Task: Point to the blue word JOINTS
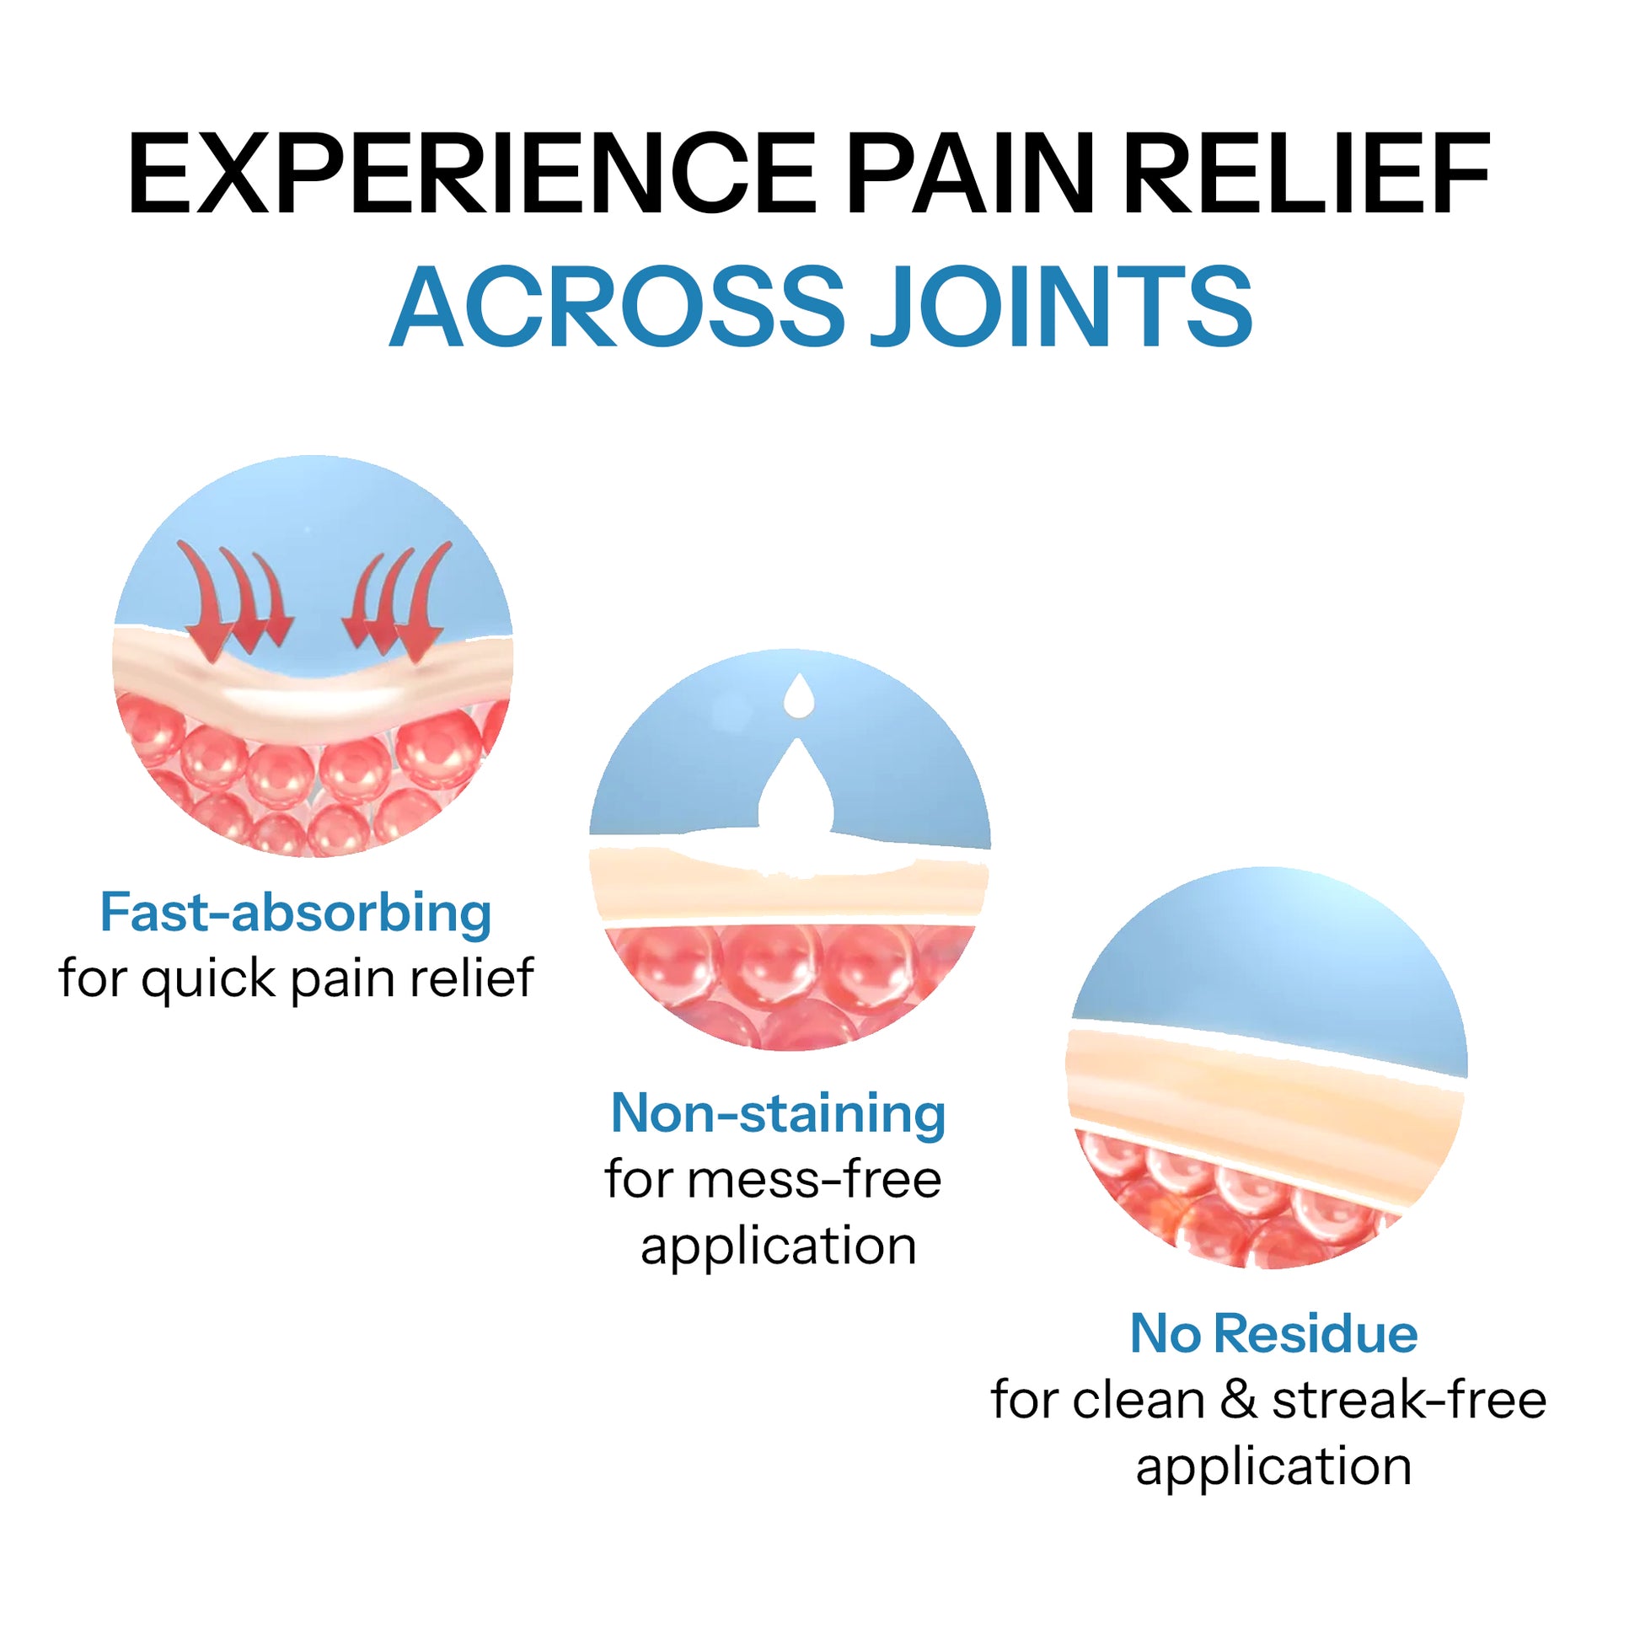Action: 1062,307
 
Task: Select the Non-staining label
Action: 778,1114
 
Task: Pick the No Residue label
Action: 1273,1333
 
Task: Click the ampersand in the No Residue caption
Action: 1239,1400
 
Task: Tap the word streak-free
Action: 1409,1400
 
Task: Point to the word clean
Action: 1139,1400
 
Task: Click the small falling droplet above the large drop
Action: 799,696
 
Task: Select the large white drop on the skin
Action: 796,790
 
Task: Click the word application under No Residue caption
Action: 1273,1466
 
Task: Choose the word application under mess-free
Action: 778,1246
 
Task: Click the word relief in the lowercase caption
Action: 472,978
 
